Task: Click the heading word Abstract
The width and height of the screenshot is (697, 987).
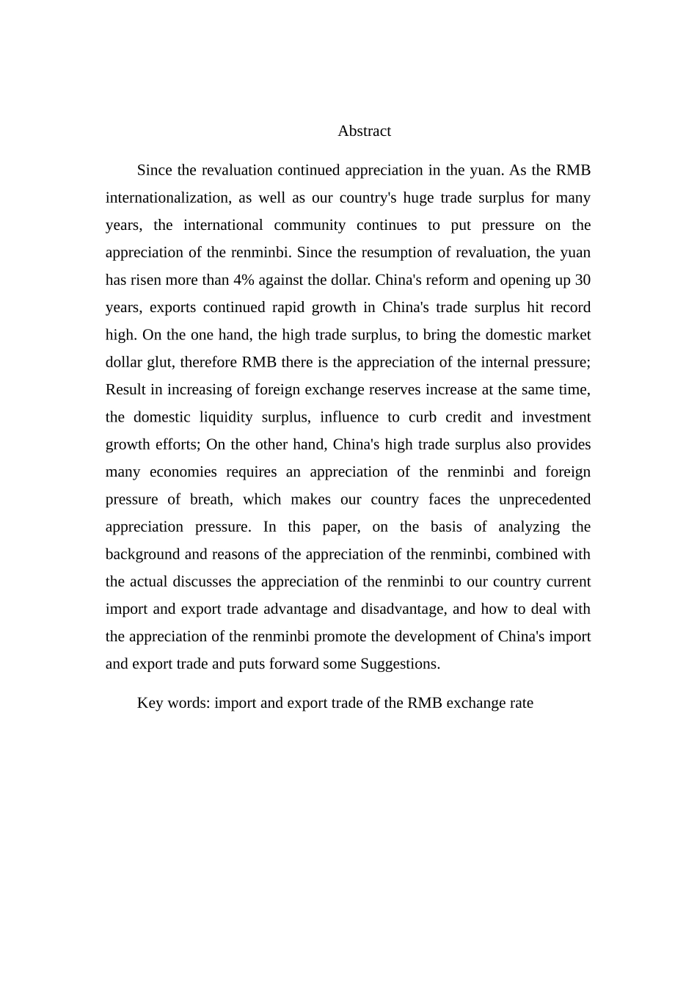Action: (x=364, y=131)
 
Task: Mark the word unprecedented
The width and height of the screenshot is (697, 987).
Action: (x=544, y=499)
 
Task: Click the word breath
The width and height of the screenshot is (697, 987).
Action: (x=211, y=499)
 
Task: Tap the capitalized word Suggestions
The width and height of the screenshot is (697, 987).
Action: (x=400, y=664)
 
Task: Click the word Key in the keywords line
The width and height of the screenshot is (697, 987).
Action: (x=150, y=703)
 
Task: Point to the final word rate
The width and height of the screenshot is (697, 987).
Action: (x=520, y=703)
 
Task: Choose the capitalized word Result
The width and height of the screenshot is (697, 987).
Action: (x=127, y=390)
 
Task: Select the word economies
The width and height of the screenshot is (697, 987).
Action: (x=183, y=472)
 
